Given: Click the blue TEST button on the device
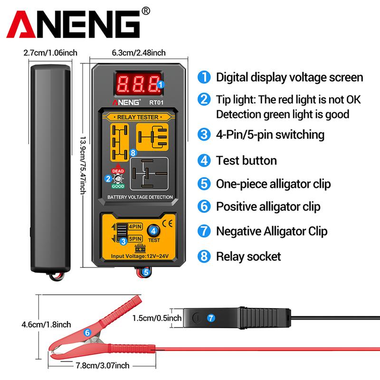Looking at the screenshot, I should (x=153, y=231).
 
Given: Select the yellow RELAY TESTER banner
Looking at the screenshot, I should (x=139, y=116).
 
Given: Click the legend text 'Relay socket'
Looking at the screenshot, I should (x=248, y=257).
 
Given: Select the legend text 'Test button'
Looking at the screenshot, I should (x=246, y=160).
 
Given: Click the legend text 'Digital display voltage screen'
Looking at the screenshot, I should (x=289, y=77).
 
